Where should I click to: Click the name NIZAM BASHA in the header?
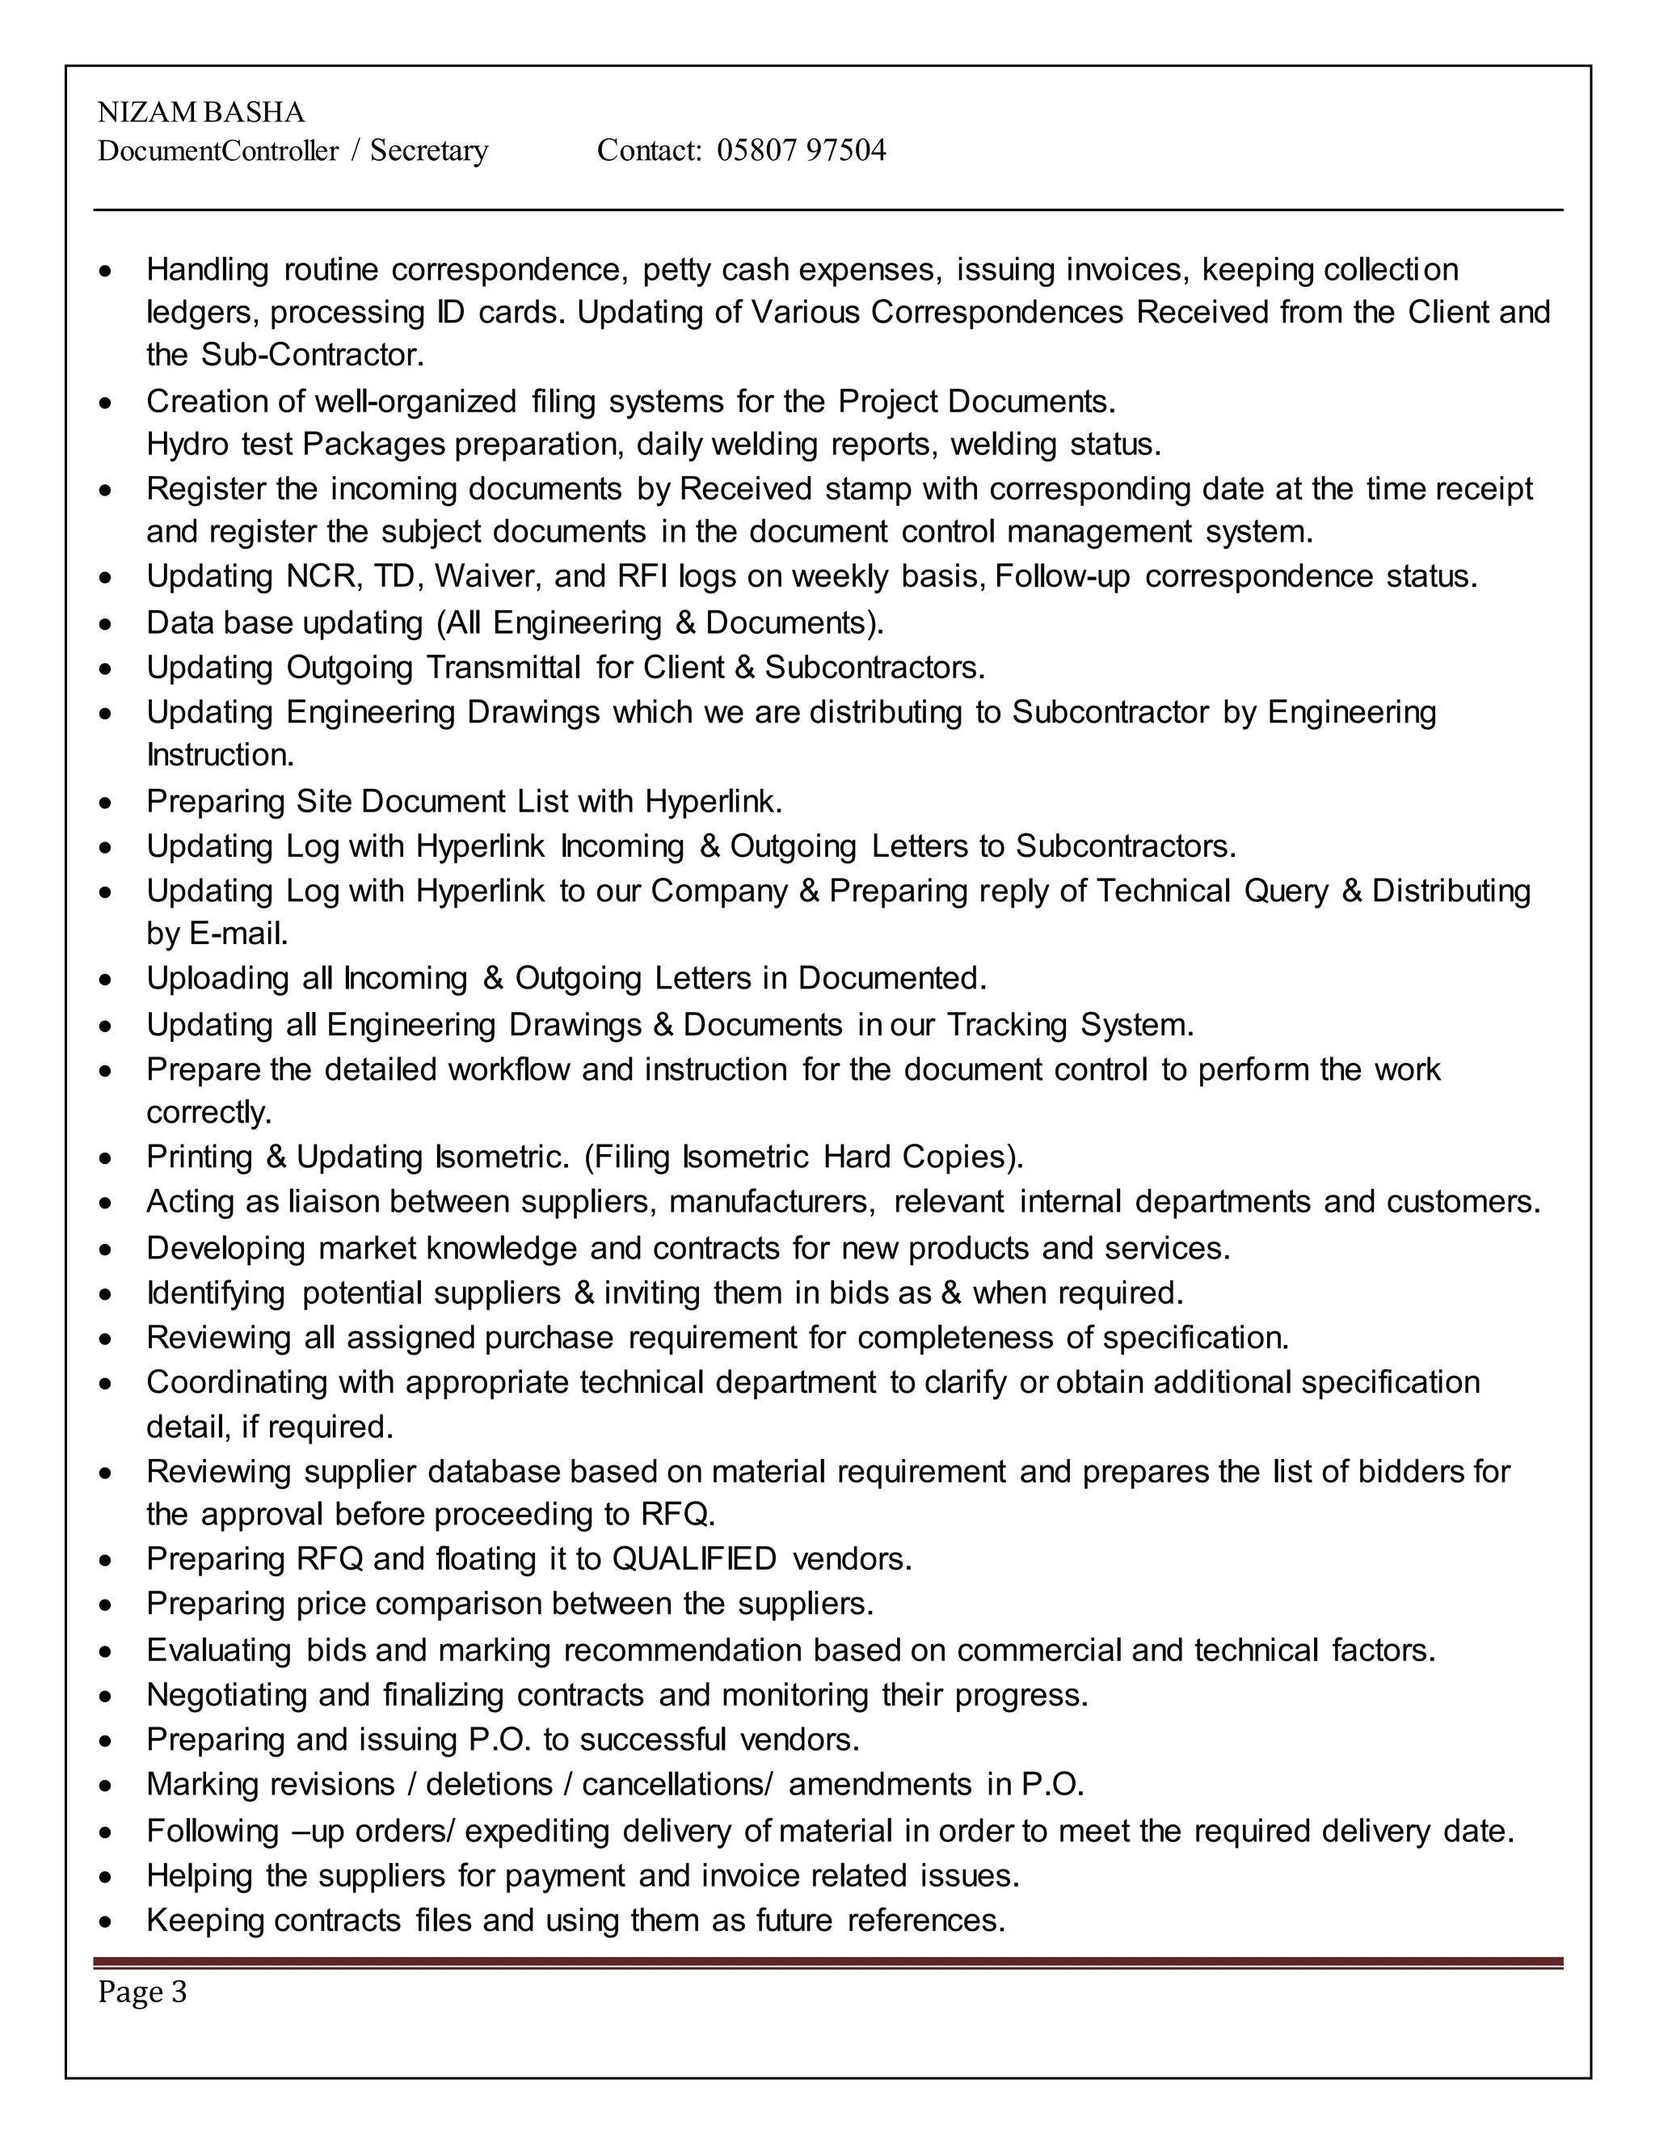(201, 113)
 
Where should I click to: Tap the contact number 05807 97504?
(801, 150)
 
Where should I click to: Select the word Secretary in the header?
(428, 150)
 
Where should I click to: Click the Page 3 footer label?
(142, 1992)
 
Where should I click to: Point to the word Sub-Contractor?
(313, 355)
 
